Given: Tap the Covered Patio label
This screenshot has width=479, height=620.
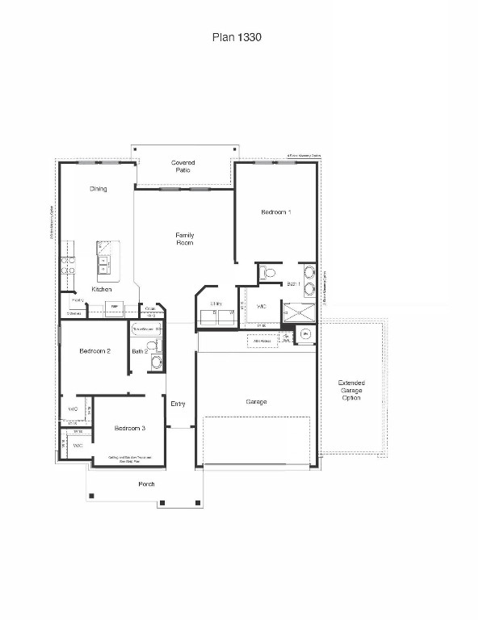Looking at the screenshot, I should tap(183, 167).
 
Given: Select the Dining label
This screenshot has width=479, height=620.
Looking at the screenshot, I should tap(98, 189).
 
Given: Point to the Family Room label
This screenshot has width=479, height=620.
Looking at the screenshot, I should tap(185, 239).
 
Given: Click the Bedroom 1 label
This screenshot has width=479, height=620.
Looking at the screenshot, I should tap(276, 212).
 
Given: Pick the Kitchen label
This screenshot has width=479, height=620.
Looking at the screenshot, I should tap(102, 289).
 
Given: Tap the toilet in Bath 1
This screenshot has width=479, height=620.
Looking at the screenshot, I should tap(270, 274).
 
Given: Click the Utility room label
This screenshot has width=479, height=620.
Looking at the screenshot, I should tap(216, 304).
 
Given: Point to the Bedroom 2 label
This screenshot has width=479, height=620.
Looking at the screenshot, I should tap(95, 351).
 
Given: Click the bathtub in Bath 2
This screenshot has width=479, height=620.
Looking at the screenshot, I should tap(144, 329).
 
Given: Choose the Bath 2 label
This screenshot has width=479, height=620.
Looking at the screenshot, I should tap(139, 351).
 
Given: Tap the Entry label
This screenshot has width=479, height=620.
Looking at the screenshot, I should tap(179, 404).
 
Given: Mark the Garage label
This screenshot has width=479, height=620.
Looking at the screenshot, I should tap(256, 401).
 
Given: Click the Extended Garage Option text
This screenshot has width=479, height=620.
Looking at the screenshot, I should tap(351, 390).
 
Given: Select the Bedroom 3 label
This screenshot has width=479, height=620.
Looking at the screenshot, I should tap(129, 428).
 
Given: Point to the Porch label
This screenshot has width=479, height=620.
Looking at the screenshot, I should tap(146, 484).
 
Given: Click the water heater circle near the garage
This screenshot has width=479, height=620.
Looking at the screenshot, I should tap(305, 333).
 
